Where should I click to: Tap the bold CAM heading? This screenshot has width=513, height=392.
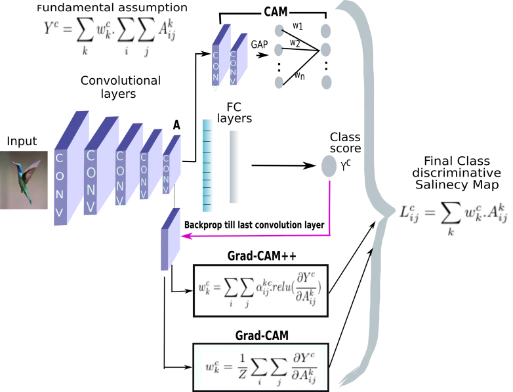276,12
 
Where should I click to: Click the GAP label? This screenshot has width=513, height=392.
259,44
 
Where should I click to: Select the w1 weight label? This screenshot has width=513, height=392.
297,26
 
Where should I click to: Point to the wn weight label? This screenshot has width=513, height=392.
299,76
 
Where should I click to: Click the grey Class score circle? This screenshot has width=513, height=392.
329,166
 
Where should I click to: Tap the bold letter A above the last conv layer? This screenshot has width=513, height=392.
176,125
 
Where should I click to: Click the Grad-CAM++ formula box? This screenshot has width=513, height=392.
260,291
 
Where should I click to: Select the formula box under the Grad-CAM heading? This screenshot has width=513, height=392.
260,367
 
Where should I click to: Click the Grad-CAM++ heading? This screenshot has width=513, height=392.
262,256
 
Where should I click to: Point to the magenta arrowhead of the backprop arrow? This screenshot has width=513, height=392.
186,236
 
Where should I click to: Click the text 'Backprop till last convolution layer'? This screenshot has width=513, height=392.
255,225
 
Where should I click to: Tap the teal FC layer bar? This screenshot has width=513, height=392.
207,165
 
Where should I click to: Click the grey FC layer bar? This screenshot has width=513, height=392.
234,167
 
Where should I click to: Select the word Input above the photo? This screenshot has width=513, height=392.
22,141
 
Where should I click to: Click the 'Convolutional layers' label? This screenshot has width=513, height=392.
121,87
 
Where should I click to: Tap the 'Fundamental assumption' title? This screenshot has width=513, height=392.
112,7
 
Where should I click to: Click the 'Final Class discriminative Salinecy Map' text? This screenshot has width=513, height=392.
457,173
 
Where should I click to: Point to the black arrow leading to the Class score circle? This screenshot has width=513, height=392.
283,165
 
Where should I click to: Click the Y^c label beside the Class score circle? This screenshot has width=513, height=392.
346,166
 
